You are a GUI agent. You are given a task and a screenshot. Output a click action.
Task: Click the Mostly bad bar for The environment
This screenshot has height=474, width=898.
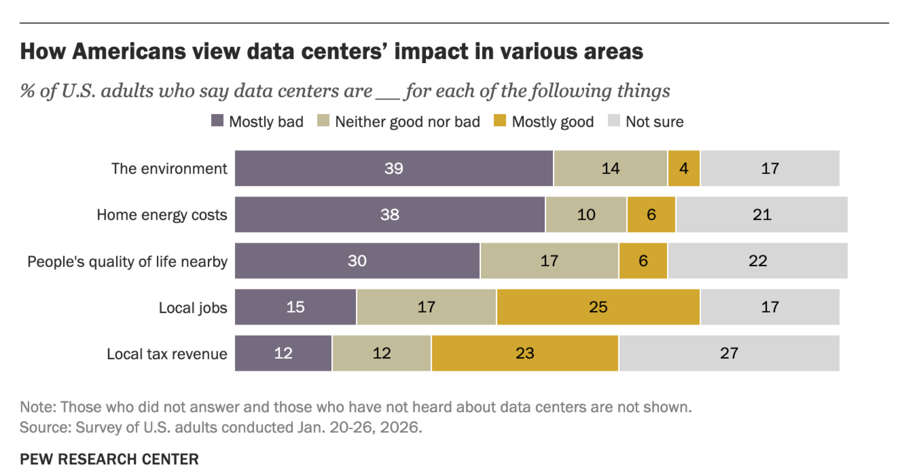point(394,168)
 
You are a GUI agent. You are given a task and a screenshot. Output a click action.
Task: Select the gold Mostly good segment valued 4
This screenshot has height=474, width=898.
point(684,168)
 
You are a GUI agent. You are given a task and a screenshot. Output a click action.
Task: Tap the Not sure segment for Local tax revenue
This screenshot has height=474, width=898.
point(729,353)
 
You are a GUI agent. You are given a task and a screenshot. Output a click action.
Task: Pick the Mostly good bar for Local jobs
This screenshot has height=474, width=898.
point(598,307)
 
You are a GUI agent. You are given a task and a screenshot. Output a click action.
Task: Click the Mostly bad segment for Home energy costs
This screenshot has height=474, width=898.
point(390,214)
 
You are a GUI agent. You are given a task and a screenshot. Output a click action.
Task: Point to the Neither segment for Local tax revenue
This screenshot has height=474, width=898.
point(382,353)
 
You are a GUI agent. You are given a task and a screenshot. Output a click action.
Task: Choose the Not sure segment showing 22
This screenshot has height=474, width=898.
point(758,261)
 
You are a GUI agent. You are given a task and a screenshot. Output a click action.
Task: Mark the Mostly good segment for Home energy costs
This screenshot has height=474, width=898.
point(651,214)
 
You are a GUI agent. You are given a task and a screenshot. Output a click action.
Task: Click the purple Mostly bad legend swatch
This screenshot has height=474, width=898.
point(217,121)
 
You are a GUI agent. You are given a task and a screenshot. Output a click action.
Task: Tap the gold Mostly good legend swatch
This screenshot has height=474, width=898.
point(500,121)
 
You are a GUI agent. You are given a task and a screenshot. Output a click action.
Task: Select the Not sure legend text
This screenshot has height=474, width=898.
point(655,122)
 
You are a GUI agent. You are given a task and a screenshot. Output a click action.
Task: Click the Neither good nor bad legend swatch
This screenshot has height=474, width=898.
point(323,121)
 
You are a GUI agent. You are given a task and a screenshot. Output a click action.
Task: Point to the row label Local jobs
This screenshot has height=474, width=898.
point(193,308)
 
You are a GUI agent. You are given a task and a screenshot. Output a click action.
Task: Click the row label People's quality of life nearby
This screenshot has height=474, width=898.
point(127,261)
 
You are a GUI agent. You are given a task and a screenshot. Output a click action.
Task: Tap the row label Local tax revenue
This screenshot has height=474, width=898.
point(167,354)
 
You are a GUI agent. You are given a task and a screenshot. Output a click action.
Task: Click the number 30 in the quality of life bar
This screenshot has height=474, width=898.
point(357,261)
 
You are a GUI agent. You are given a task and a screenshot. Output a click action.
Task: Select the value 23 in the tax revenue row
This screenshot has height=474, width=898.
point(525,353)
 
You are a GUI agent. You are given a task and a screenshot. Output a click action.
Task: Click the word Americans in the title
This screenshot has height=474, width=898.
point(129,51)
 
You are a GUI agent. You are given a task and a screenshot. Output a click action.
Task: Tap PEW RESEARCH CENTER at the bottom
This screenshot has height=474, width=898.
point(109,459)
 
